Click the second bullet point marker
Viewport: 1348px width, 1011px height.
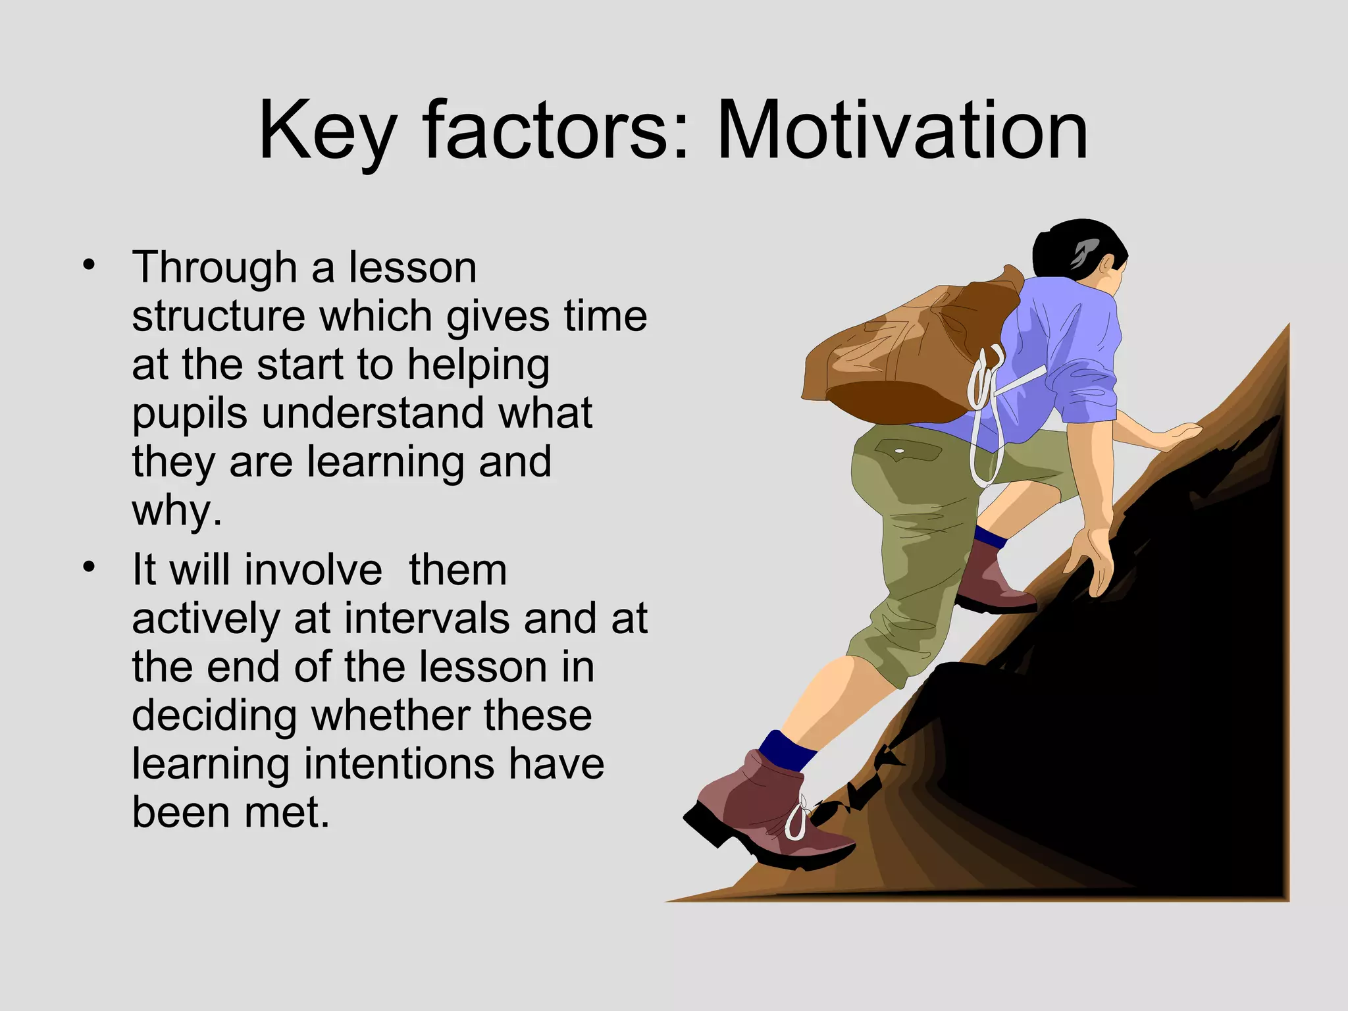[89, 567]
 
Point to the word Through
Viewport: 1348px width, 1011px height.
[214, 269]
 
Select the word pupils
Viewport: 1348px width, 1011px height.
[190, 415]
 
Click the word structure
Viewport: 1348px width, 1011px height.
[218, 317]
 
